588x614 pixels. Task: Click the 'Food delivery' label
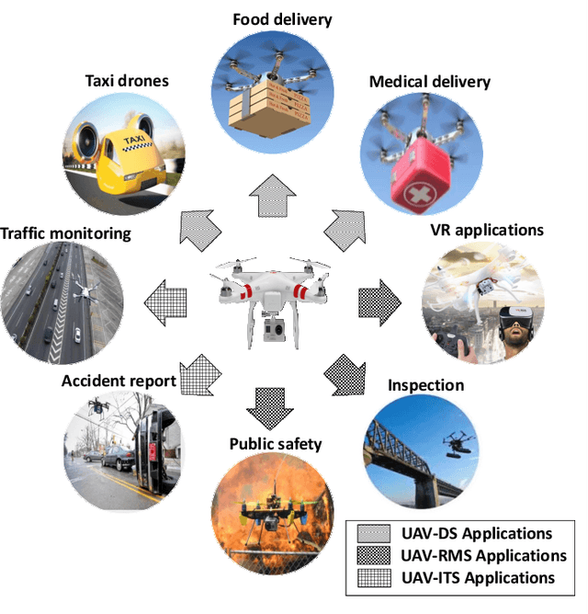[281, 19]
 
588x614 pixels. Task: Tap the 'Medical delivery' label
[430, 82]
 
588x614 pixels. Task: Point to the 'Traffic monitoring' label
[66, 233]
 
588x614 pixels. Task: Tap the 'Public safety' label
[276, 444]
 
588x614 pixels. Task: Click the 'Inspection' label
[425, 384]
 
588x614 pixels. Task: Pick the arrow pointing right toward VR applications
[378, 299]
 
